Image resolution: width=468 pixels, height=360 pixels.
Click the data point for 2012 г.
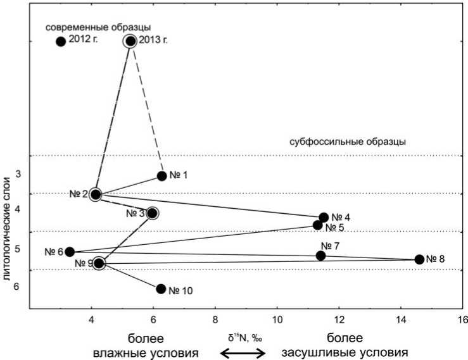click(61, 42)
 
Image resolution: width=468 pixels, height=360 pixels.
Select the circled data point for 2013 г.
click(130, 41)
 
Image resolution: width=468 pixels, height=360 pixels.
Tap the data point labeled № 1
click(161, 176)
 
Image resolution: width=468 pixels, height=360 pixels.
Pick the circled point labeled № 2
click(96, 194)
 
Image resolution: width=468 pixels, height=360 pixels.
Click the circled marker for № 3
click(152, 213)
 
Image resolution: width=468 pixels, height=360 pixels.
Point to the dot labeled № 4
click(324, 217)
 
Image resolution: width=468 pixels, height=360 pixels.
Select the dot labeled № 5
click(318, 225)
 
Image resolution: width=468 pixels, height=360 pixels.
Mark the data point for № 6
click(70, 252)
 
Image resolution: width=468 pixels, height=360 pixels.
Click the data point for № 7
click(320, 256)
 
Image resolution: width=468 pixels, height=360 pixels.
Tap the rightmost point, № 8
click(419, 259)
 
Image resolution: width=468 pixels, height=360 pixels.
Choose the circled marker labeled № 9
click(99, 263)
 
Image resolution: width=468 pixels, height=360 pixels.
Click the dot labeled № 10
click(161, 289)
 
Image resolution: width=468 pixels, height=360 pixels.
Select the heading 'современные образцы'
click(98, 27)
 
